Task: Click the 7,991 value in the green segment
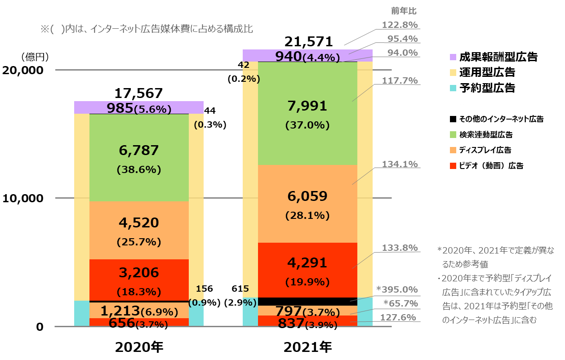pos(307,107)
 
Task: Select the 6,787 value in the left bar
pos(139,151)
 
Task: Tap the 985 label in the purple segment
pos(120,108)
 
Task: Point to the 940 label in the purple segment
pos(288,56)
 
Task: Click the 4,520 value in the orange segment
pos(139,223)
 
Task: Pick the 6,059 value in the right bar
pos(307,196)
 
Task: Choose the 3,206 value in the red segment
pos(139,273)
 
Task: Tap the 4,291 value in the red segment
pos(307,263)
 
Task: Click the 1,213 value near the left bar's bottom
pos(120,311)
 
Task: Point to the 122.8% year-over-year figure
pos(400,25)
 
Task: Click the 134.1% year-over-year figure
pos(400,164)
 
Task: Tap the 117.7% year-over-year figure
pos(400,81)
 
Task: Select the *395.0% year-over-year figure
pos(397,289)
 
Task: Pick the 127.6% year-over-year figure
pos(398,317)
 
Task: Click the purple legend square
pos(453,57)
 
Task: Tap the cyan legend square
pos(453,88)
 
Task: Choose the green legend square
pos(453,134)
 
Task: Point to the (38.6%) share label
pos(139,170)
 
